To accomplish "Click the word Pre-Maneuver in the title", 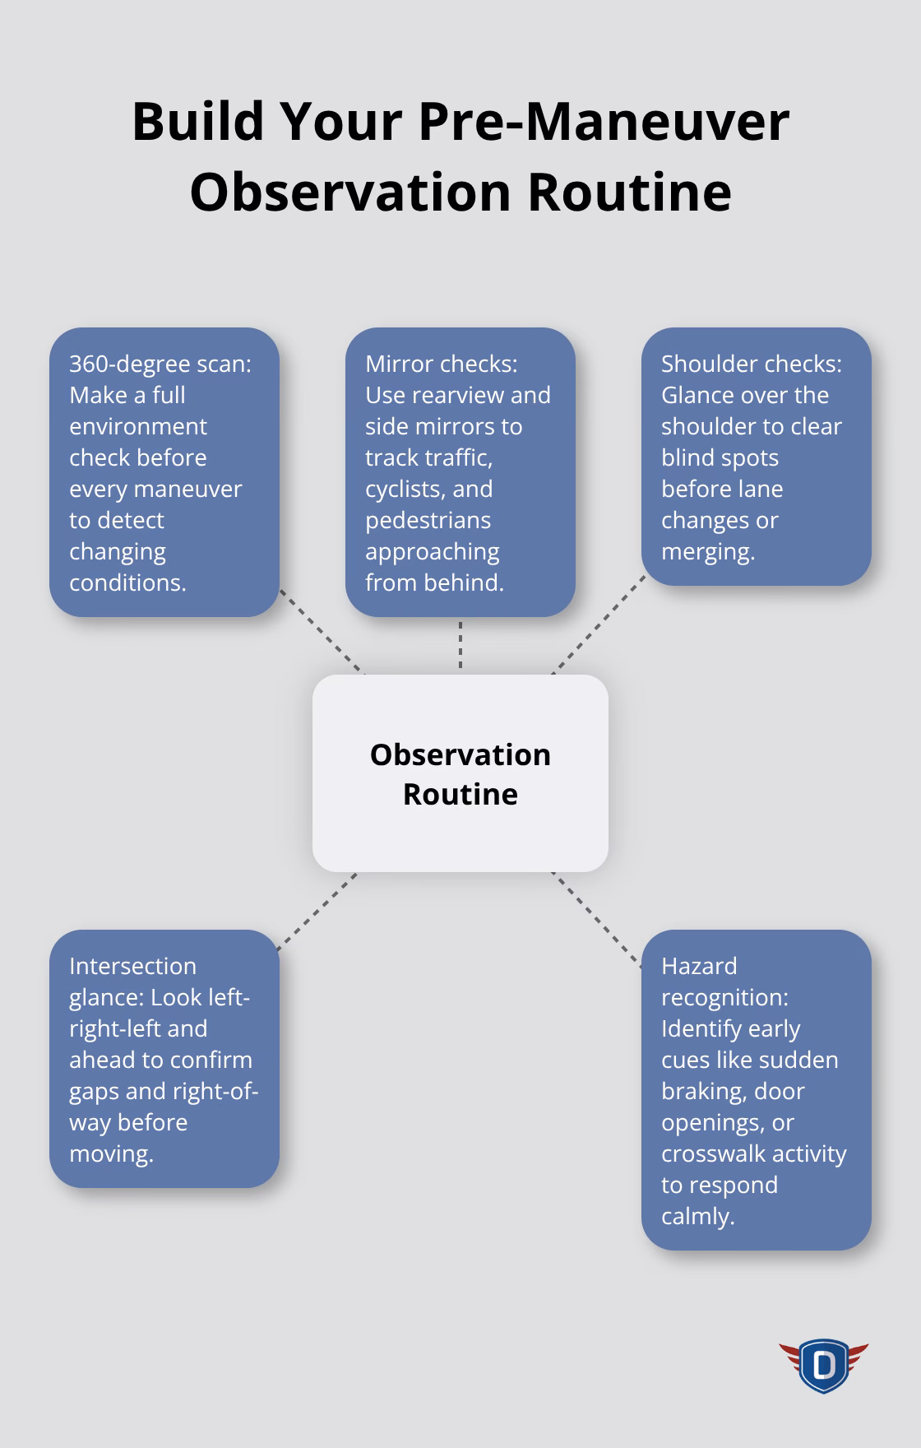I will point(603,122).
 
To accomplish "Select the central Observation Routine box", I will point(460,773).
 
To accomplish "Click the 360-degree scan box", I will point(164,472).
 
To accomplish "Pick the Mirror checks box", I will point(460,472).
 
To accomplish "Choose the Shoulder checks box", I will point(756,457).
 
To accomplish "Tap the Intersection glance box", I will point(164,1059).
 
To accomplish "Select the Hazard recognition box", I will point(756,1090).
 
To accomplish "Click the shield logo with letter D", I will point(823,1367).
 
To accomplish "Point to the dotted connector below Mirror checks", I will point(460,646).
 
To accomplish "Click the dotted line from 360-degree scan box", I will point(322,631).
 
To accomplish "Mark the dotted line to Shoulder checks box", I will point(599,624).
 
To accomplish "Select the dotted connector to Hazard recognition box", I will point(597,918).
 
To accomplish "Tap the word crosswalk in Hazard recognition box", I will point(712,1153).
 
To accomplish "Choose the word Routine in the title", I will point(629,192).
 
